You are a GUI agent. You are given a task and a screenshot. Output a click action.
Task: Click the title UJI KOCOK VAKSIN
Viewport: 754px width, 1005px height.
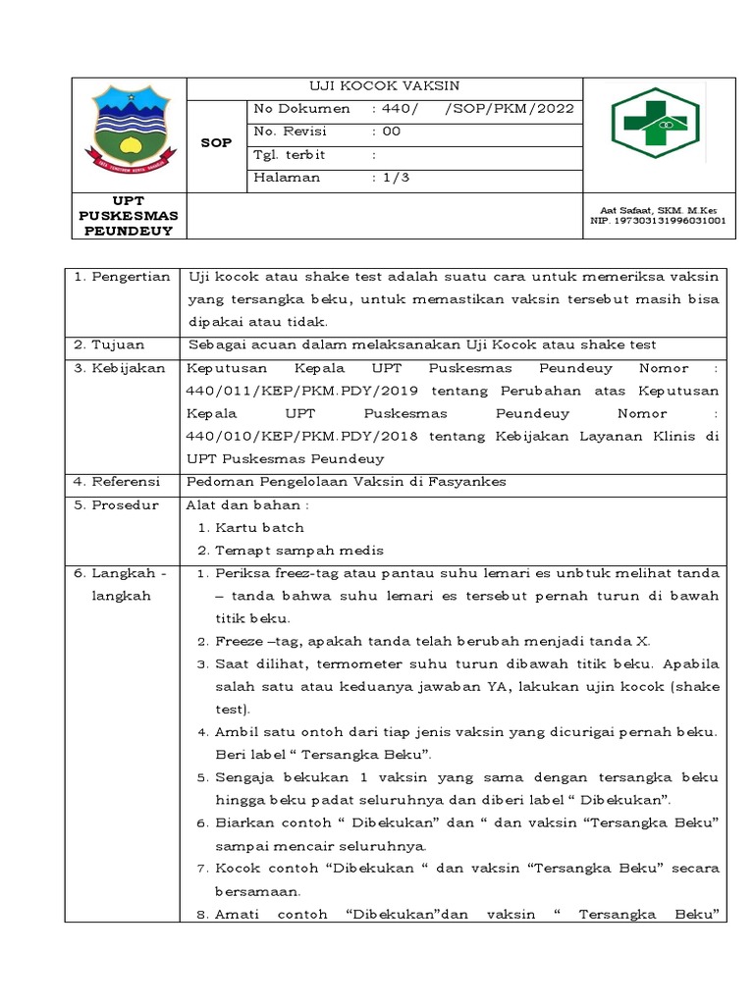pos(385,86)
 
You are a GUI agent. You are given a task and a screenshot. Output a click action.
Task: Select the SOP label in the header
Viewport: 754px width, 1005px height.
pos(216,143)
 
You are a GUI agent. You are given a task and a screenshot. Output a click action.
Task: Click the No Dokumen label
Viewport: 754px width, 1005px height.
pos(301,109)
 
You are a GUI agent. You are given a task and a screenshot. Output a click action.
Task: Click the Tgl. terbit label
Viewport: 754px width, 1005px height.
pos(290,155)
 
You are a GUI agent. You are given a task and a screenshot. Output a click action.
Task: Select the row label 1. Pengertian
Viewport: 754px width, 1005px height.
pos(123,278)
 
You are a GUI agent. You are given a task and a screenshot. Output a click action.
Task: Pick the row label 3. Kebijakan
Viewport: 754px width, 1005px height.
pos(122,368)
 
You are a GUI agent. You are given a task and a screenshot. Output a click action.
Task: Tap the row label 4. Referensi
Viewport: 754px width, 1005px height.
pos(122,481)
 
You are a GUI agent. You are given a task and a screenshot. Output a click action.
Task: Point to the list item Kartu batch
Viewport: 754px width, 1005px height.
pos(260,527)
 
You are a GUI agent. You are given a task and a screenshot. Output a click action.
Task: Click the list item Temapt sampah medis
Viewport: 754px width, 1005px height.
pos(299,550)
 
